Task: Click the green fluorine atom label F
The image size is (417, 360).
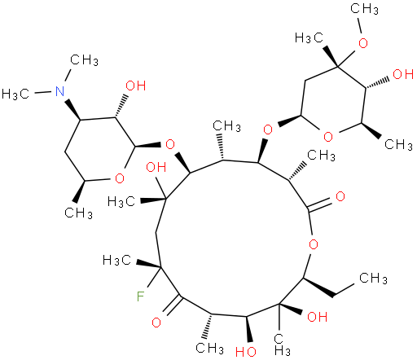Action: point(140,296)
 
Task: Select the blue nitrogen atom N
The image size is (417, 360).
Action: point(60,91)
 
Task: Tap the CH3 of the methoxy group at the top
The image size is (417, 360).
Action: point(364,9)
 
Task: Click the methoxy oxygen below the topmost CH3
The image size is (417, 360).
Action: point(363,43)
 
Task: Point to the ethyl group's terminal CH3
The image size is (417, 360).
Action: point(373,279)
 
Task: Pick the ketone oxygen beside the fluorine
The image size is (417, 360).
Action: point(156,323)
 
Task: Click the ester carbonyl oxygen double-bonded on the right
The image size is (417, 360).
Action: point(340,196)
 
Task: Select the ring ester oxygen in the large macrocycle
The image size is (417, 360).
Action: point(314,244)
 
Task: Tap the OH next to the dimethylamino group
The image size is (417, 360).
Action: point(136,86)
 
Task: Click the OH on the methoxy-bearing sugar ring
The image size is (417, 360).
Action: point(403,74)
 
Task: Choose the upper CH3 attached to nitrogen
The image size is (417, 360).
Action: point(84,60)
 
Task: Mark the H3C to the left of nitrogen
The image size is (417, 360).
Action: point(15,94)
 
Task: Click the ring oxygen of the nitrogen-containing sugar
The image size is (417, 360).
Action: point(120,178)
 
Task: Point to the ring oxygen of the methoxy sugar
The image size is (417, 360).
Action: point(328,137)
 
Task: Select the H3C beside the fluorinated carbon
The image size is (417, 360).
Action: point(117,261)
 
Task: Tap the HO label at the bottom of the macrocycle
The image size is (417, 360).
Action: point(246,352)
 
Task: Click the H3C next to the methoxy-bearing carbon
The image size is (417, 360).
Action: point(309,37)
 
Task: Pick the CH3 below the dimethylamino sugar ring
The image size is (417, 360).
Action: point(78,213)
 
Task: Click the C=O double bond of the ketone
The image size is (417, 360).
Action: point(174,305)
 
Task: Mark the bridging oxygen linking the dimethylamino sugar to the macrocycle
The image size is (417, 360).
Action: point(170,144)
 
